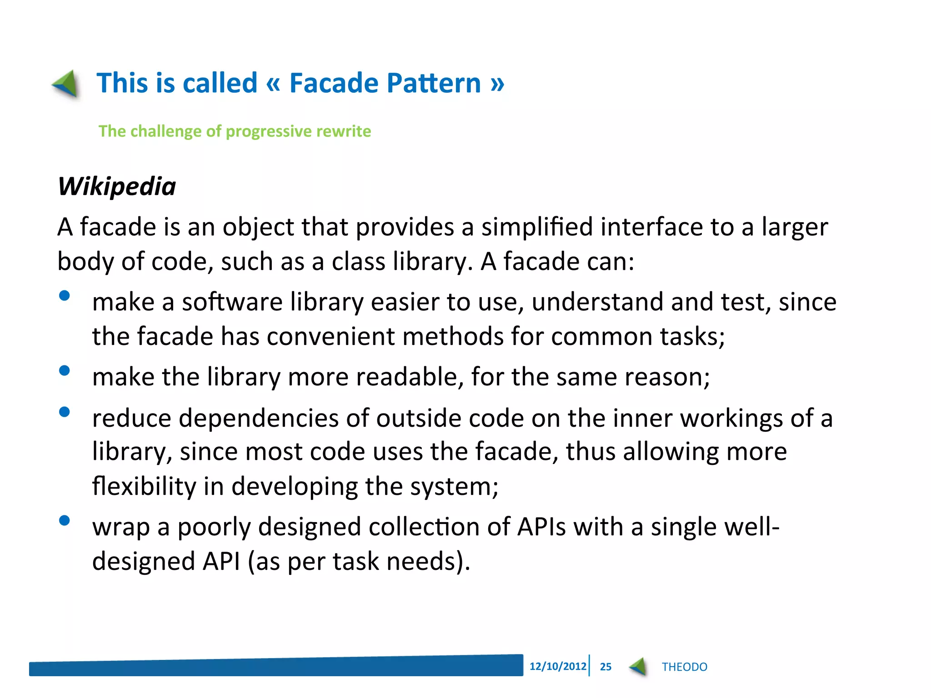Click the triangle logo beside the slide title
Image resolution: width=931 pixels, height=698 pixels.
(66, 84)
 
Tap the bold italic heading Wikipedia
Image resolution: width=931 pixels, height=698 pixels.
(117, 186)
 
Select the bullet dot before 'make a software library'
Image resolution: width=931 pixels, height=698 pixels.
(65, 296)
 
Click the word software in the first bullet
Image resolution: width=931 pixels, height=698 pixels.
(232, 302)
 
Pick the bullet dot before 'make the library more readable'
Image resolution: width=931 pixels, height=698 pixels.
(65, 371)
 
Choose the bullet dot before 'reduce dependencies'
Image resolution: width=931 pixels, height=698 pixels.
(65, 412)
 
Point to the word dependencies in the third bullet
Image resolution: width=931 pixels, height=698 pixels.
(259, 418)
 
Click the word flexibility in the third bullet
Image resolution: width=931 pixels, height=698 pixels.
(144, 486)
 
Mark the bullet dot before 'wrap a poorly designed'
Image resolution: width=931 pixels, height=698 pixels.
(65, 520)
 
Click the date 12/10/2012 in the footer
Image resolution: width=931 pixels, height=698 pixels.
(558, 667)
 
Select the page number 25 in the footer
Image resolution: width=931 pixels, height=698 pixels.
(606, 667)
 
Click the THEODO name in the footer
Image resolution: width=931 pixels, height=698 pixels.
(684, 667)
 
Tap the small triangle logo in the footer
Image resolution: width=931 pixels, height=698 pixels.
(638, 667)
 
